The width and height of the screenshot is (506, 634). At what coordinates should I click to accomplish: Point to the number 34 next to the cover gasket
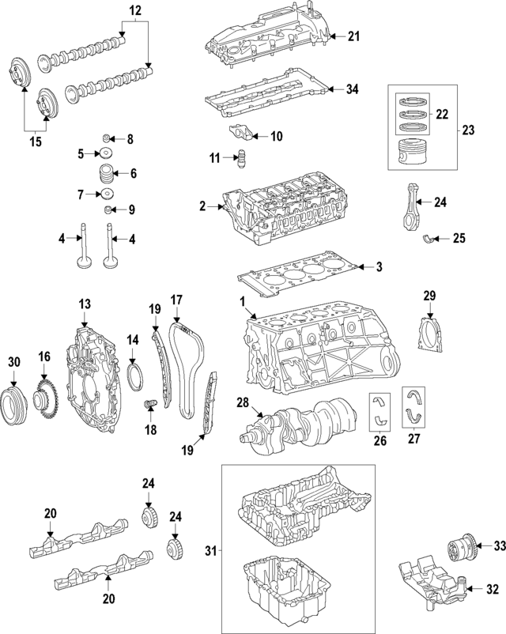[352, 89]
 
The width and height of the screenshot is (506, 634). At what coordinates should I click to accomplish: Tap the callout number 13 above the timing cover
[85, 304]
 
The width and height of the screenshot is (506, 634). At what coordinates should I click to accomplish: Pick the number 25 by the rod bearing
[459, 238]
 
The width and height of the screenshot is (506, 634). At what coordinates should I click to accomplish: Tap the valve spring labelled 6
[104, 174]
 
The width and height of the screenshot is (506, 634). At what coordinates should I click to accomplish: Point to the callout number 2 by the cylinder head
[202, 207]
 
